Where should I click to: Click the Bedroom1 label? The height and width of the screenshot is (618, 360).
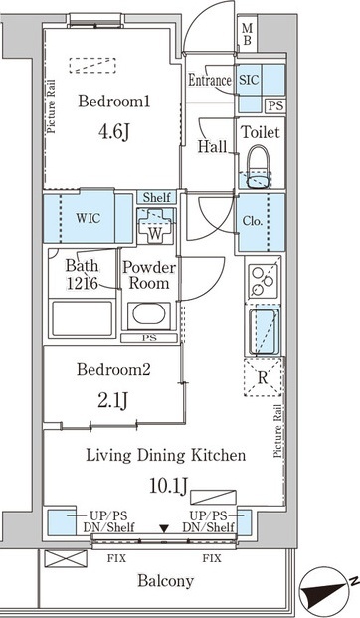coord(113,102)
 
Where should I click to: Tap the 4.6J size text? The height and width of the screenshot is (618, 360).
coord(113,132)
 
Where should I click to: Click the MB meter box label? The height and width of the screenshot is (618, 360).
coord(247,34)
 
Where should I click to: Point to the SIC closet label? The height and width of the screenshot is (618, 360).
coord(249,80)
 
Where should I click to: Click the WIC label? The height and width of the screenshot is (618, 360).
coord(89,218)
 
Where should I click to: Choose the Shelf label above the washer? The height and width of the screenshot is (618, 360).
coord(157,197)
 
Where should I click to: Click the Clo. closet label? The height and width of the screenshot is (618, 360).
coord(253,221)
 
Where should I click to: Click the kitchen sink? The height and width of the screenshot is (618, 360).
coord(264,331)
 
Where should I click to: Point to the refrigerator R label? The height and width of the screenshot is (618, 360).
coord(263,377)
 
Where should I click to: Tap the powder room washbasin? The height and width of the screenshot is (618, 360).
coord(148,315)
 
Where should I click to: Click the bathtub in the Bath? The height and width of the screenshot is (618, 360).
coord(82,318)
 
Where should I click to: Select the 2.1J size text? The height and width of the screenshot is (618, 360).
coord(113,401)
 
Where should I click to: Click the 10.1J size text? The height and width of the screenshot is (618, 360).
coord(168,486)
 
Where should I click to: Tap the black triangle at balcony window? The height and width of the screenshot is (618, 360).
coord(164,528)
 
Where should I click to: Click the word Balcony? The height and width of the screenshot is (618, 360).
coord(165,581)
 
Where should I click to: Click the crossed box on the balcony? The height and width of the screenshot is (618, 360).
coord(66,559)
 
